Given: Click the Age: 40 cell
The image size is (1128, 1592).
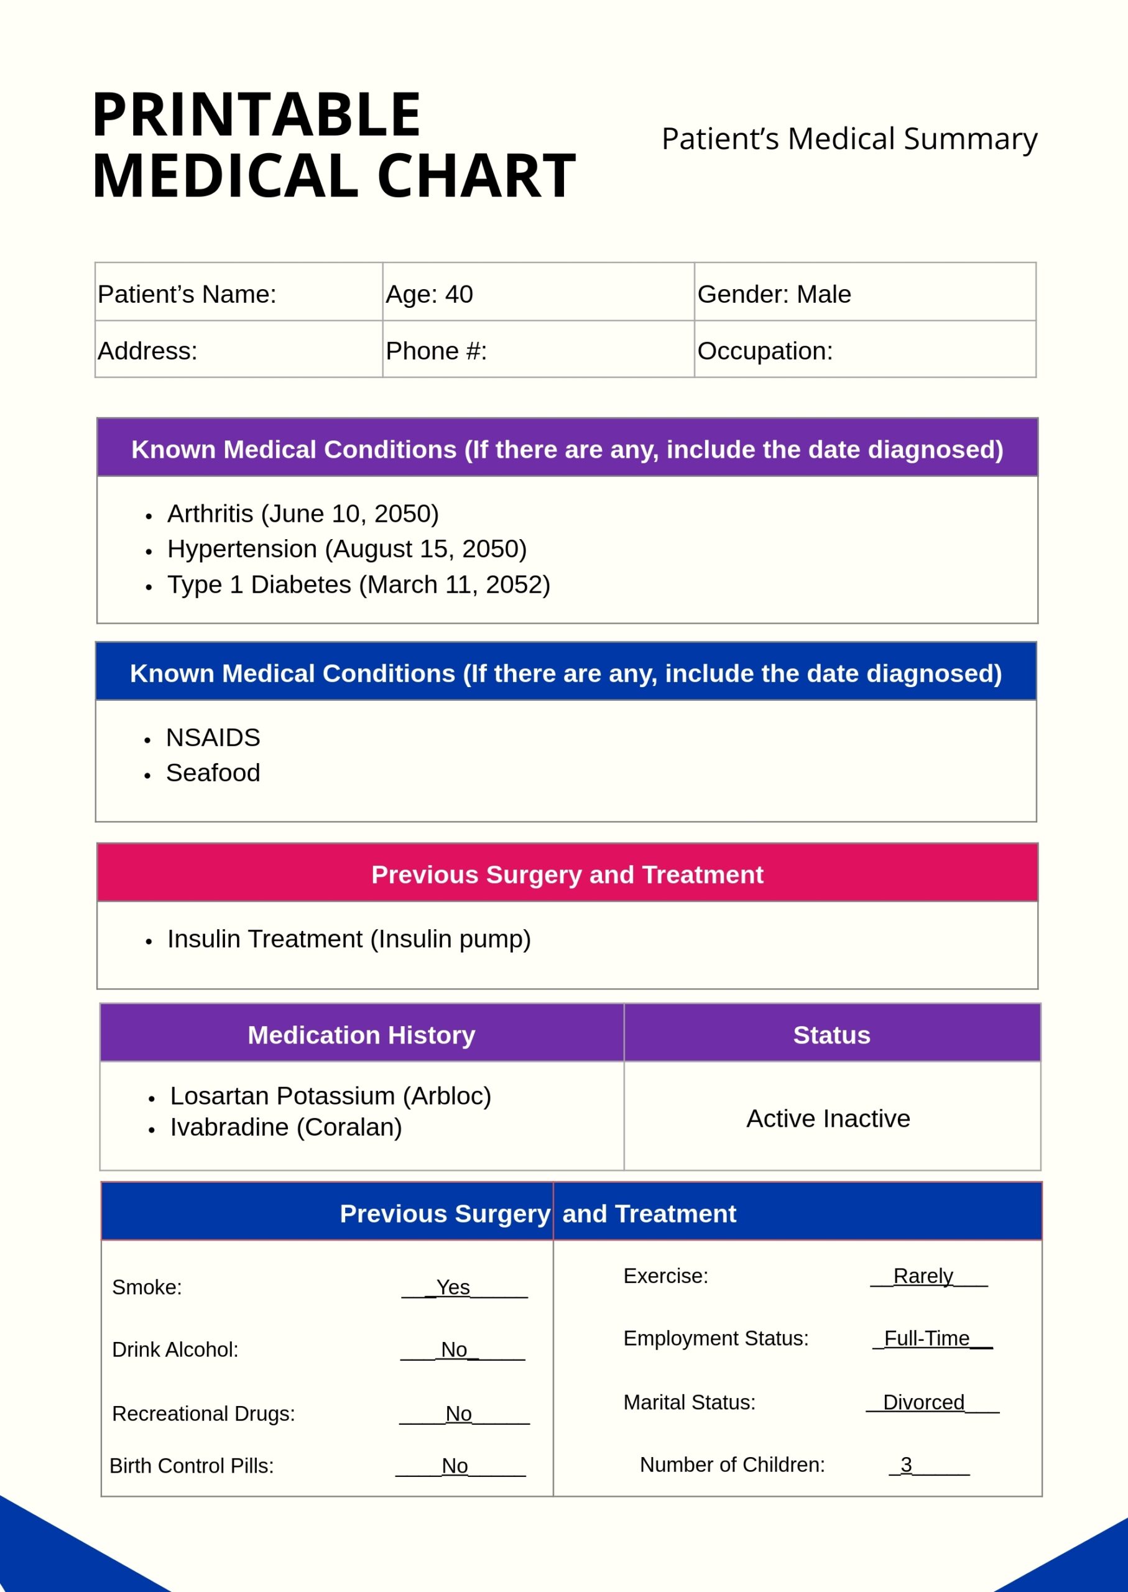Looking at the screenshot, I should coord(429,295).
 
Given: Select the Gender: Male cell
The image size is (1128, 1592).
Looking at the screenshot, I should coord(774,295).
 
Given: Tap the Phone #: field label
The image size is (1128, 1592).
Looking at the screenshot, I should coord(436,351).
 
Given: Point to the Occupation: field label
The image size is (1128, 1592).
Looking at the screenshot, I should coord(765,351).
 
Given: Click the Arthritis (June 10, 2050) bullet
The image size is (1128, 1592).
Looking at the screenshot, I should coord(303,514).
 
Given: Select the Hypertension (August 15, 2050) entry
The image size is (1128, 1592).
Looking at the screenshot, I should coord(346,549).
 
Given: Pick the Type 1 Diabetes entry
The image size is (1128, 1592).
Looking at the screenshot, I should coord(358,585).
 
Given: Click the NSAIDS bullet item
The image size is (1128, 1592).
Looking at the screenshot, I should coord(213,738).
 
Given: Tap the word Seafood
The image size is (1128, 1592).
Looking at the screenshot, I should coord(213,773).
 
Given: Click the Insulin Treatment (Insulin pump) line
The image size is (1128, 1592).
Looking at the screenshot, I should coord(349,939).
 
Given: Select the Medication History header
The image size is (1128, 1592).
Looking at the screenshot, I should coord(361,1035).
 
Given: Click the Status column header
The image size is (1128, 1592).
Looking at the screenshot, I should coord(831,1035).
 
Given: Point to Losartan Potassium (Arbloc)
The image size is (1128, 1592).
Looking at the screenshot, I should coord(331,1096).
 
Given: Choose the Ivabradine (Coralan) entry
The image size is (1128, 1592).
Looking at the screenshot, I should coord(286,1127).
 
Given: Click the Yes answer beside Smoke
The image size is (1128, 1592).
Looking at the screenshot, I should coord(453,1288).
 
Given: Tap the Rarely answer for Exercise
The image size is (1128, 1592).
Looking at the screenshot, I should coord(922,1277).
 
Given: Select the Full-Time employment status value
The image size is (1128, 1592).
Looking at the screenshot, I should coord(927,1339).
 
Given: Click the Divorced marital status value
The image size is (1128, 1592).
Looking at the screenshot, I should coord(923,1403).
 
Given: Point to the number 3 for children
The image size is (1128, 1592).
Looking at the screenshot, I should coord(906,1465).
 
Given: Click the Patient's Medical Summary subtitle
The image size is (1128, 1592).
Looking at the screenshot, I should coord(849,139).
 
